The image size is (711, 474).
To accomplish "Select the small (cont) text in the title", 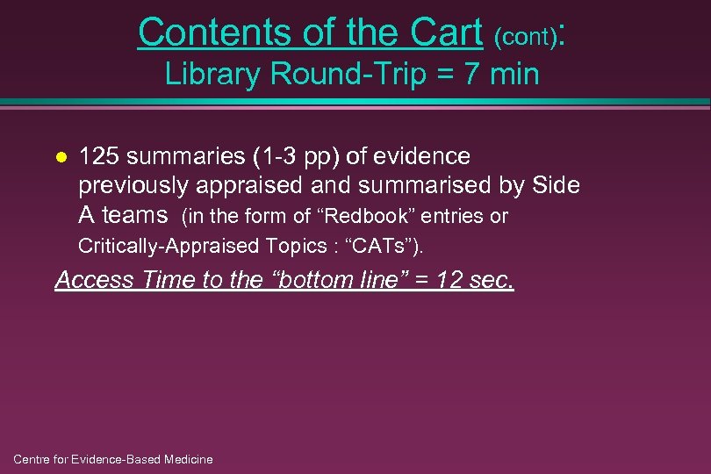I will (x=524, y=37).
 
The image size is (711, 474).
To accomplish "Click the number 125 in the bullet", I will (x=99, y=156).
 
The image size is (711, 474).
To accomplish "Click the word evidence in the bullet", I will (x=421, y=156).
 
